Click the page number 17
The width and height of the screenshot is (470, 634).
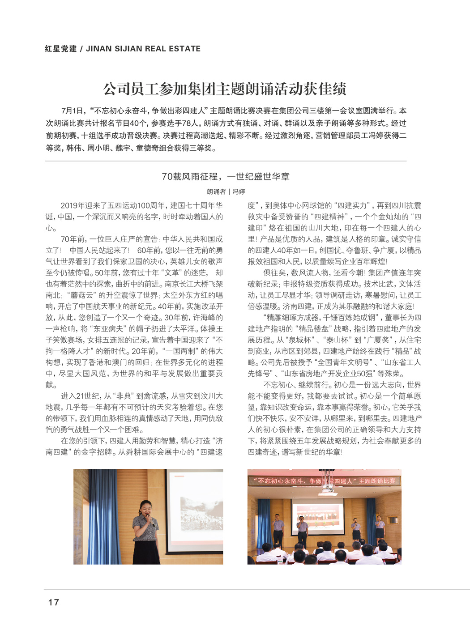(53, 602)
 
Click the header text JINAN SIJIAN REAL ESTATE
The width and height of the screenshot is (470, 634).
(143, 49)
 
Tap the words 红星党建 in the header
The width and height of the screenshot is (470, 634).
(60, 49)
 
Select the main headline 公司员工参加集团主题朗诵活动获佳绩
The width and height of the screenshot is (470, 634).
(225, 89)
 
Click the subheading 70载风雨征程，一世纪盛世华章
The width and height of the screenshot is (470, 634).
(226, 177)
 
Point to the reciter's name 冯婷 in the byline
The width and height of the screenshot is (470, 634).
(239, 191)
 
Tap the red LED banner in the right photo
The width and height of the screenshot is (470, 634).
(325, 481)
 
